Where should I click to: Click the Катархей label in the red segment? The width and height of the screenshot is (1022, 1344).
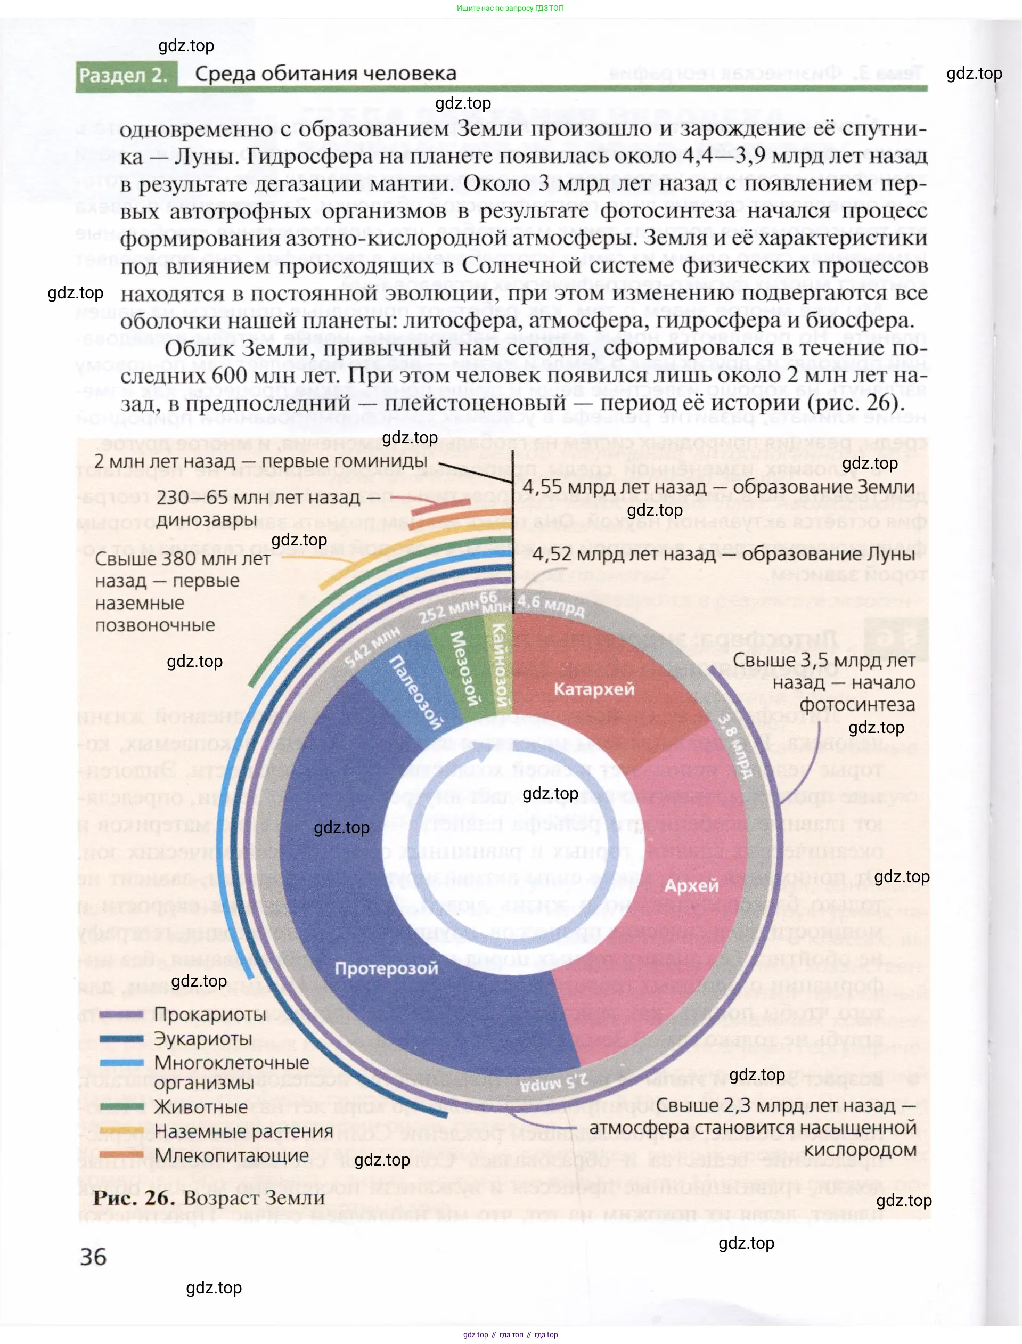point(594,689)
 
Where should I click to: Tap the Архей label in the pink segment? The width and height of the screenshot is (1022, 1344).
point(691,885)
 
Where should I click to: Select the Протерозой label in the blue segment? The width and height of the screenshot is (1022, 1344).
point(386,968)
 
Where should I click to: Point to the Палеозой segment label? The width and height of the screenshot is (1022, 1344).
point(415,692)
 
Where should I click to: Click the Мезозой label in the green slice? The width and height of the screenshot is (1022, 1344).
point(465,667)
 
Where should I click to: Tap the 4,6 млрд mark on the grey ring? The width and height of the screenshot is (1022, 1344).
point(550,605)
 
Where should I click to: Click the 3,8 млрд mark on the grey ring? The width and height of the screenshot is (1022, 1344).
point(734,746)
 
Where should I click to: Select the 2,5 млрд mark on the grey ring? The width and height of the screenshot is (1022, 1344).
point(555,1080)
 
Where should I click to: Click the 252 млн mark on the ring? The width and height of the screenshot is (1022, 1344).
point(449,611)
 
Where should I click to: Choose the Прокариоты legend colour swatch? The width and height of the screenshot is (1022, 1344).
point(121,1014)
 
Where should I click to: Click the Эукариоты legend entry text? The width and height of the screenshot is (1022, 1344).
point(202,1039)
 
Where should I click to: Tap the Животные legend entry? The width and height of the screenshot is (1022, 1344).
point(201,1107)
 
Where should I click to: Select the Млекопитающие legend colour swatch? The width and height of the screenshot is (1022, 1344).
point(121,1154)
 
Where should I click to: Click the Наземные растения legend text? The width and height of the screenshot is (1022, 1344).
point(243,1131)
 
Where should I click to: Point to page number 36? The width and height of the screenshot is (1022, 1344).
point(93,1257)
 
